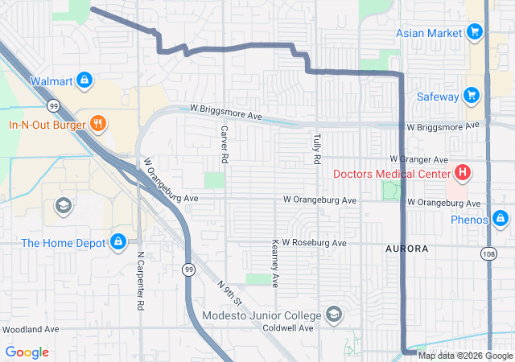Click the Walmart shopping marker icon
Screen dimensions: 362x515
click(85, 80)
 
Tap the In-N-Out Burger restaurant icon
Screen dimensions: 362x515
click(98, 124)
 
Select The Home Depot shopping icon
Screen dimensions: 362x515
click(118, 241)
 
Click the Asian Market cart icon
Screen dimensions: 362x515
click(475, 32)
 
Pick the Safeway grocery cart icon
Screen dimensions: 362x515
click(472, 97)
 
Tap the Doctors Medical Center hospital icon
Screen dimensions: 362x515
click(463, 173)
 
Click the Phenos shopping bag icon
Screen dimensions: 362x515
click(501, 219)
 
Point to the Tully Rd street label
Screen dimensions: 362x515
click(316, 147)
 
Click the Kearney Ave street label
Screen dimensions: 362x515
click(275, 263)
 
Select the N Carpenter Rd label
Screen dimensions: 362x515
click(140, 282)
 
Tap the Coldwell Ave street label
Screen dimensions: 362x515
click(288, 328)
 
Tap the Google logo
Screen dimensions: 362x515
click(27, 352)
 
